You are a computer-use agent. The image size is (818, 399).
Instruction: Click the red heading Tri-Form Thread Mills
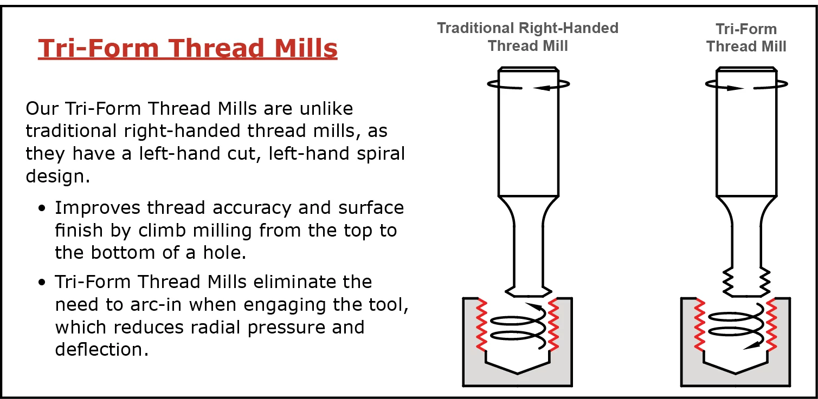point(188,48)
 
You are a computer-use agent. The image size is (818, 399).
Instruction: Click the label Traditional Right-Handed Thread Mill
point(527,37)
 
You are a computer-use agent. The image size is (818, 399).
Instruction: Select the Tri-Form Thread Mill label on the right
point(746,37)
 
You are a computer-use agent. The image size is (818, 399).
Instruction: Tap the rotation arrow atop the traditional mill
point(528,84)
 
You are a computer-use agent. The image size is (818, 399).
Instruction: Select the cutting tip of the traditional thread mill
point(527,291)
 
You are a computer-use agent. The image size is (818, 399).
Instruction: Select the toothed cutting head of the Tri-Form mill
point(746,281)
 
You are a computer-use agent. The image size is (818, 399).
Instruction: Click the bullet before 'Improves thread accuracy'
point(42,208)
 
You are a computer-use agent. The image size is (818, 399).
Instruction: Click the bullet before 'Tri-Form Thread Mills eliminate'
point(42,283)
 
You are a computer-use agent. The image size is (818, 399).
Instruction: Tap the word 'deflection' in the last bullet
point(101,349)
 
